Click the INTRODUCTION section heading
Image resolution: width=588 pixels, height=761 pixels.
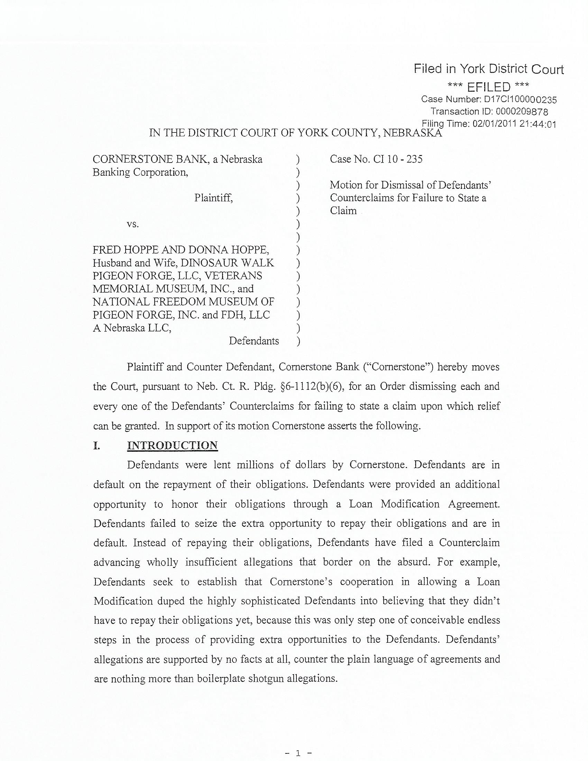(x=173, y=446)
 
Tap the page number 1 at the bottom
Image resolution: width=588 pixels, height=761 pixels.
(x=298, y=752)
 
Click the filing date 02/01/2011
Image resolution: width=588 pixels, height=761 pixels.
(x=494, y=124)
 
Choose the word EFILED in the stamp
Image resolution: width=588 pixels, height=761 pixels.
(x=488, y=87)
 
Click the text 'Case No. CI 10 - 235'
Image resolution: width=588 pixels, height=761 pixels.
(x=376, y=159)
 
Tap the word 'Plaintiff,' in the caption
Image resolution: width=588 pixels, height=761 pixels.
(x=213, y=198)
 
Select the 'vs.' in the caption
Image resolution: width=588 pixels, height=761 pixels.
(x=133, y=224)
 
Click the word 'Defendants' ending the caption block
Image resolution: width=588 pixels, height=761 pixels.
(x=254, y=341)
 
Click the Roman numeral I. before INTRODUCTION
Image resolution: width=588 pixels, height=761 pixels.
(x=97, y=446)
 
